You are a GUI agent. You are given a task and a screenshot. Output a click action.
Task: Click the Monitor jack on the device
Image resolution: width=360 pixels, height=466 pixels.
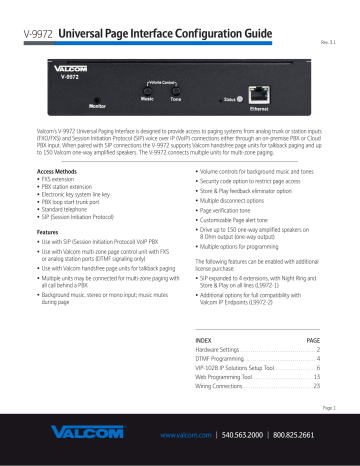(x=97, y=94)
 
